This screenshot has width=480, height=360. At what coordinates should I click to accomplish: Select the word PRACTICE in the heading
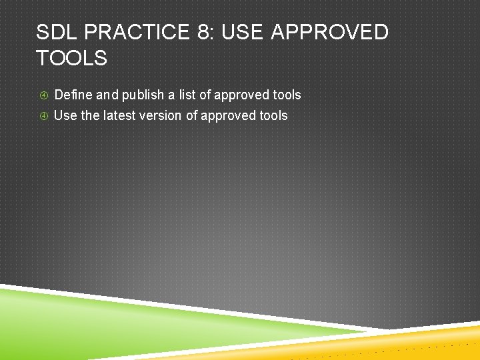click(137, 32)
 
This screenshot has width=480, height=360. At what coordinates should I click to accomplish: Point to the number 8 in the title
click(204, 32)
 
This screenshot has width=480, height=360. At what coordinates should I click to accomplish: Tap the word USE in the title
click(243, 32)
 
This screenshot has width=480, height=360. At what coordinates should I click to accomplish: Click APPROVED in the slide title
click(329, 32)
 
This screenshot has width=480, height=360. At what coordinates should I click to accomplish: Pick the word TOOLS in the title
click(71, 58)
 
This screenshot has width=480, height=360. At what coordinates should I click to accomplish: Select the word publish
click(143, 95)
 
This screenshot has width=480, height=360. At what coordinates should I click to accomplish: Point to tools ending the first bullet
click(286, 95)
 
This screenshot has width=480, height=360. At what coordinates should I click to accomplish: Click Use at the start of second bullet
click(65, 115)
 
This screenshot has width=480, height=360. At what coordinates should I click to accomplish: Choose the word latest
click(121, 115)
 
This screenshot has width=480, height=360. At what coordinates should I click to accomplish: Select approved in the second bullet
click(227, 115)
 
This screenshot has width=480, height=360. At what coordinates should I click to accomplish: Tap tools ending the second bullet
click(273, 115)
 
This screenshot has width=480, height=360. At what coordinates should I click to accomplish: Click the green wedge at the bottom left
click(80, 320)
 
